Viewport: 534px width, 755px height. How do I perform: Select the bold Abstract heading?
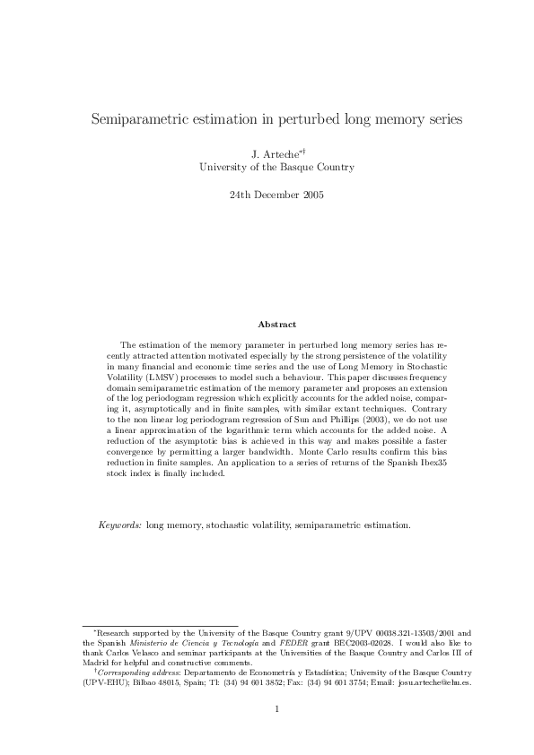pos(276,324)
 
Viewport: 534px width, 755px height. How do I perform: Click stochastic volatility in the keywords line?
pos(246,525)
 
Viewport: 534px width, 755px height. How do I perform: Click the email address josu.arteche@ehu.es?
pos(433,681)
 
